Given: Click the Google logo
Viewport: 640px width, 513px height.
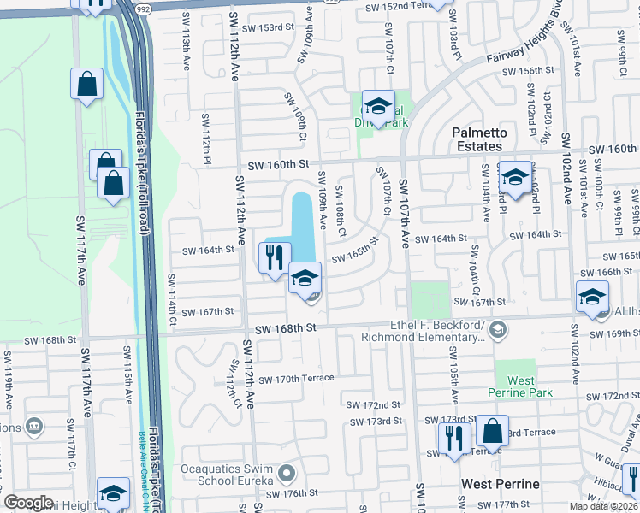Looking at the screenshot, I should click(x=28, y=503).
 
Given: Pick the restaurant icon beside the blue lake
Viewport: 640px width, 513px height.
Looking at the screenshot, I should click(x=275, y=257).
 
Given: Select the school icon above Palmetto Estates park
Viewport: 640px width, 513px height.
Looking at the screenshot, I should click(x=377, y=106).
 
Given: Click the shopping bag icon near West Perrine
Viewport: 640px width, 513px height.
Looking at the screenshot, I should click(x=492, y=431).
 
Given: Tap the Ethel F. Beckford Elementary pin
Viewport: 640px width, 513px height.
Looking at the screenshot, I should click(x=499, y=329).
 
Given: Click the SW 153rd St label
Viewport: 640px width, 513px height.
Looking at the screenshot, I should click(x=270, y=27).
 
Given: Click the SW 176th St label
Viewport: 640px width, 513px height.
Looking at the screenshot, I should click(x=292, y=493).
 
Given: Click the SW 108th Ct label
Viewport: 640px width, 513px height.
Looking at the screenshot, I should click(x=341, y=211).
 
